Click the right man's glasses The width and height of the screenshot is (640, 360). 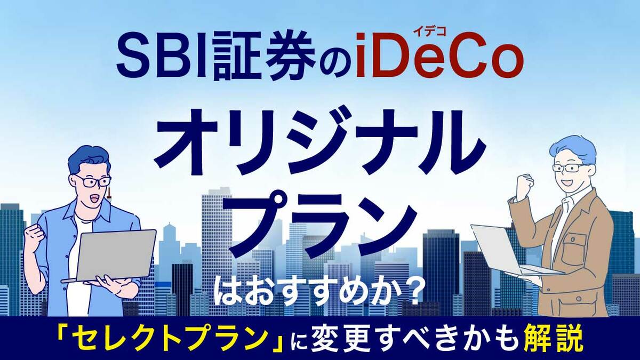(x=569, y=167)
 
